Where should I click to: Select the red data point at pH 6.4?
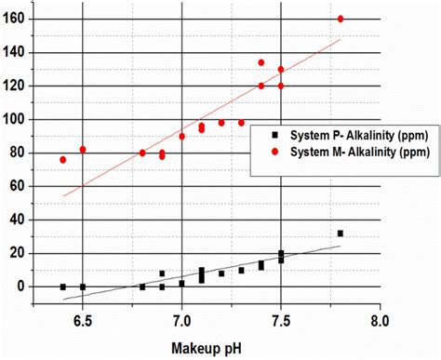click(x=62, y=160)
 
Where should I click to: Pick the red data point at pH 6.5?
click(x=83, y=150)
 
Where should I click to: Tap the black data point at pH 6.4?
click(x=62, y=287)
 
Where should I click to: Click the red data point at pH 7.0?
click(x=181, y=136)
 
